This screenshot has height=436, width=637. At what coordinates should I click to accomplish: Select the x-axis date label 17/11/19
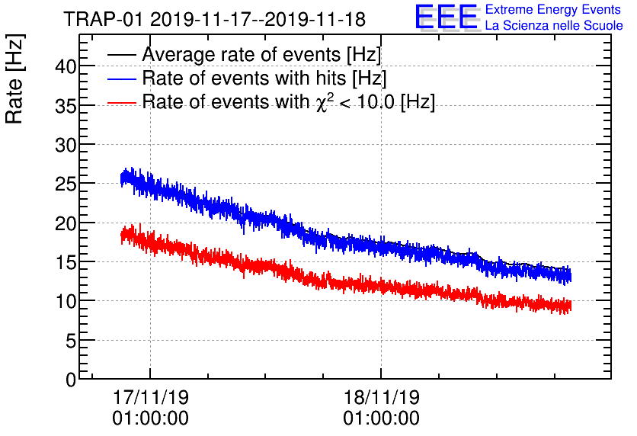coord(150,398)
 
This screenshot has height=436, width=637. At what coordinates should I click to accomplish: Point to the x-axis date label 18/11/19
coord(380,398)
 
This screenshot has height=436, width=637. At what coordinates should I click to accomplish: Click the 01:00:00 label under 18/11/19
coord(380,418)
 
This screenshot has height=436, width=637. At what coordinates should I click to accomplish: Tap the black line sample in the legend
coord(122,56)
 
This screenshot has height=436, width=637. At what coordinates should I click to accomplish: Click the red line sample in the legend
coord(122,102)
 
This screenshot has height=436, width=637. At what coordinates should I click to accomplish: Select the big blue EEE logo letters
coord(447,18)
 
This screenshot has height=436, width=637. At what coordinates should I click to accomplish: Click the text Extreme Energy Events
coord(553,11)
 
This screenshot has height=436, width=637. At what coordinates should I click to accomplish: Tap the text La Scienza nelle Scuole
coord(553,26)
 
